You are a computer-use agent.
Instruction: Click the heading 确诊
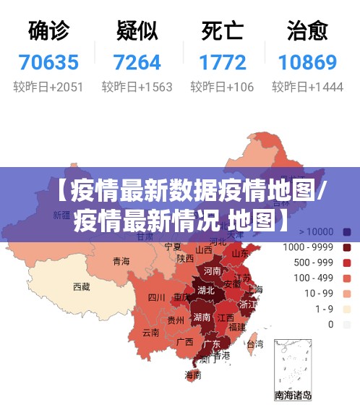[x=48, y=30]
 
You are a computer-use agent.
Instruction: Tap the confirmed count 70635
[x=48, y=62]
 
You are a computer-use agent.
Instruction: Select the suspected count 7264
[x=137, y=62]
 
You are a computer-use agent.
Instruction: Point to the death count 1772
[x=222, y=62]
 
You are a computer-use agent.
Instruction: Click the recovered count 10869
[x=307, y=62]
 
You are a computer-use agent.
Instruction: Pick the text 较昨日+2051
[x=48, y=87]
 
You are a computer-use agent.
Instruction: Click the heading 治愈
[x=307, y=30]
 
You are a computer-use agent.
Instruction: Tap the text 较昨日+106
[x=222, y=87]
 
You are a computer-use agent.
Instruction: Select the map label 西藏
[x=82, y=287]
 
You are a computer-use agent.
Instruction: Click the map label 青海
[x=121, y=262]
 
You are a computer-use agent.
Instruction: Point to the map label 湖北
[x=206, y=290]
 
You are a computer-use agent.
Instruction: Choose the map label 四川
[x=157, y=296]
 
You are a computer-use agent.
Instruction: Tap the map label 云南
[x=150, y=333]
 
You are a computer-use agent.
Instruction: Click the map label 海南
[x=193, y=375]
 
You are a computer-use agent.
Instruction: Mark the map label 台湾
[x=255, y=345]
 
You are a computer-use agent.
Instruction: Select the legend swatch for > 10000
[x=347, y=232]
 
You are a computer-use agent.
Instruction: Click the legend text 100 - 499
[x=318, y=278]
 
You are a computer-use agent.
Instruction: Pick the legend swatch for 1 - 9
[x=347, y=309]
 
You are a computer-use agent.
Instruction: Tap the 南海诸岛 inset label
[x=293, y=395]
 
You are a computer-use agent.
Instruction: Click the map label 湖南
[x=202, y=317]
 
